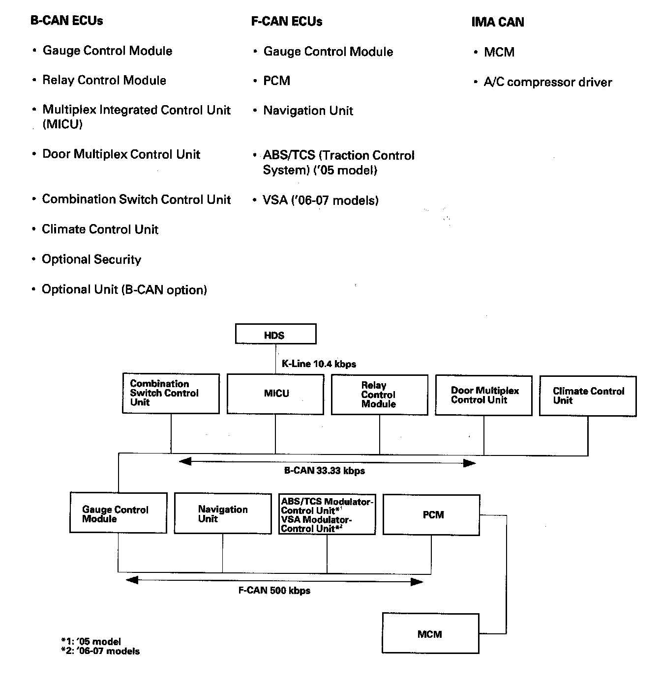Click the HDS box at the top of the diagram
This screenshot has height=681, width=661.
tap(275, 334)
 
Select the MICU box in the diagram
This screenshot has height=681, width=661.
tap(275, 394)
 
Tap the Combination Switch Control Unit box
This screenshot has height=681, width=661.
tap(171, 393)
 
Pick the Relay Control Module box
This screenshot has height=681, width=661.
tap(379, 395)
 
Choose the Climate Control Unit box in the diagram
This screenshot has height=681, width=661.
tap(588, 396)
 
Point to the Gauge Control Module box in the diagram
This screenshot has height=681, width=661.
tap(118, 513)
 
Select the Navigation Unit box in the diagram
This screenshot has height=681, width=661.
tap(223, 513)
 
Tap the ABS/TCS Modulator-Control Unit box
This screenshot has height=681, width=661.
tap(327, 514)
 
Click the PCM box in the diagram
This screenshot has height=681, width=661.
tap(431, 514)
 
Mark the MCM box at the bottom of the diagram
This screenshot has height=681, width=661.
tap(430, 633)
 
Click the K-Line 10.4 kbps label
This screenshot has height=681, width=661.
tap(319, 364)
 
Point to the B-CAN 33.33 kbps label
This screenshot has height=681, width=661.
tap(325, 471)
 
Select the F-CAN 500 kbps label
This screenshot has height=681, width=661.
tap(274, 591)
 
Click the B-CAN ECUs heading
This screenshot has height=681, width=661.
tap(67, 21)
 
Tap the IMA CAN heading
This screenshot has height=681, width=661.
tap(498, 22)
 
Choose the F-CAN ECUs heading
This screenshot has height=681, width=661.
tap(287, 22)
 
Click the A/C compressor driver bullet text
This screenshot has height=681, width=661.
tap(547, 82)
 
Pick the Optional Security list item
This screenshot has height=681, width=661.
tap(91, 259)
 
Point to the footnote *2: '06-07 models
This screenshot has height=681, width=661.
tap(100, 652)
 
